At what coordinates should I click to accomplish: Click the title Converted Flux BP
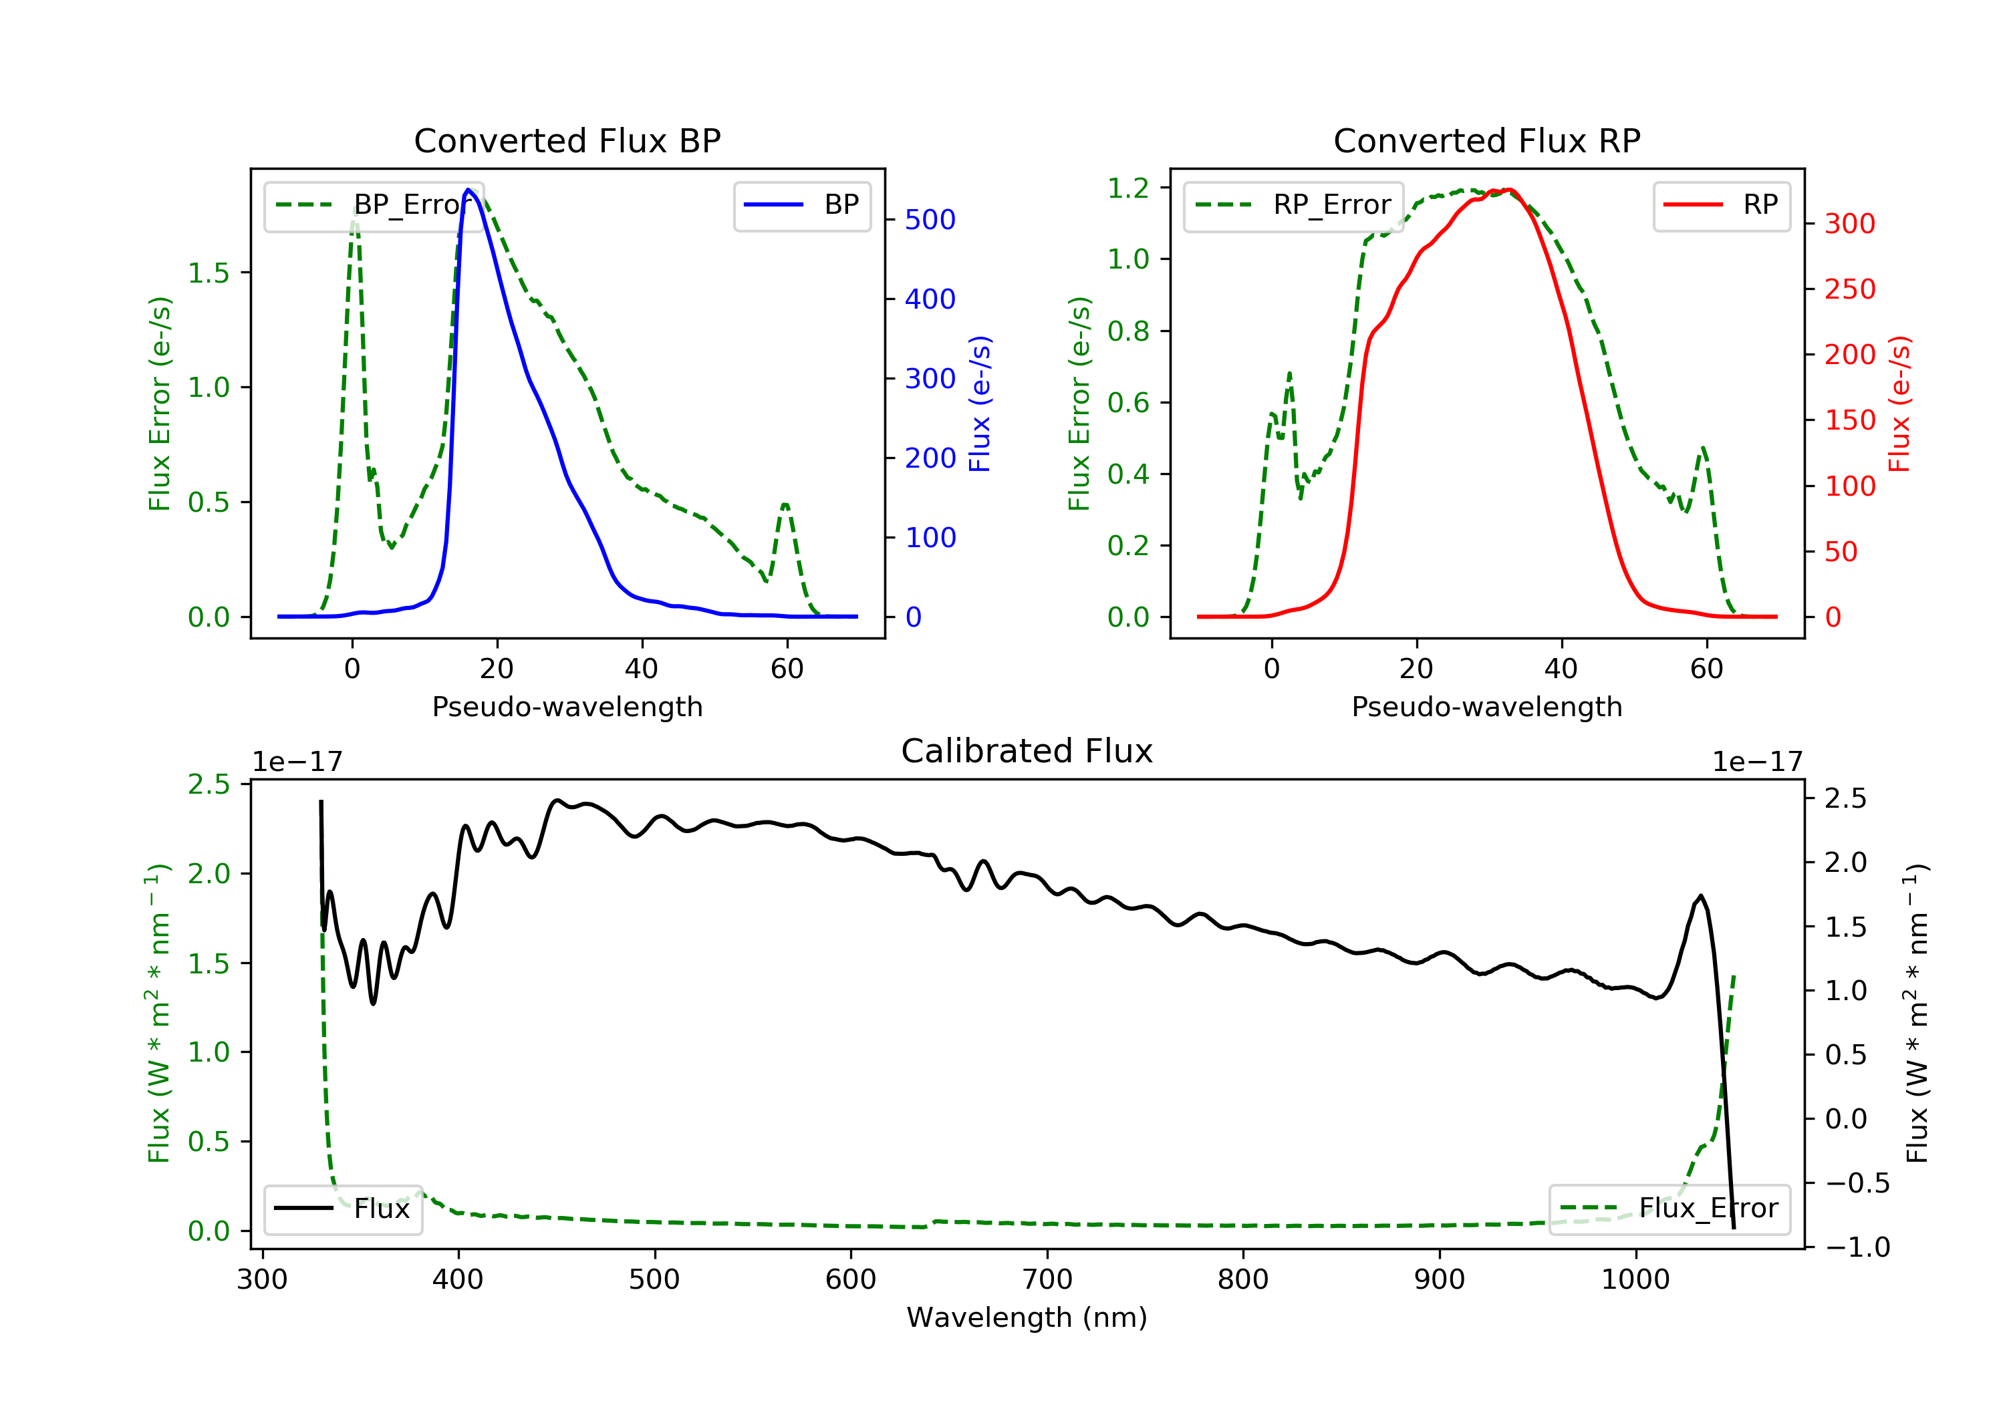(x=567, y=140)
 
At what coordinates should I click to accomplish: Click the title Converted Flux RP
(x=1486, y=140)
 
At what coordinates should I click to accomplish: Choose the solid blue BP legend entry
(x=801, y=205)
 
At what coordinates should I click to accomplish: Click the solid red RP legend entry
(x=1720, y=205)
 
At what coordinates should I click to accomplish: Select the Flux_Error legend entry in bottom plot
(x=1669, y=1209)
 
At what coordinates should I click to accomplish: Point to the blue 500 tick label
(x=930, y=220)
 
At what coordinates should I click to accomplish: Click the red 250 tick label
(x=1849, y=289)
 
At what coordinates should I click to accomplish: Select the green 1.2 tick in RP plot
(x=1128, y=188)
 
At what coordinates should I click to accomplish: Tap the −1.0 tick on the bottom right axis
(x=1857, y=1247)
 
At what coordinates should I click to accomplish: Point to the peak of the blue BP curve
(x=468, y=190)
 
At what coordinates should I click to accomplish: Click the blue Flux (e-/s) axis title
(x=980, y=404)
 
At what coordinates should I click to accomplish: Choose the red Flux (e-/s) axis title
(x=1899, y=404)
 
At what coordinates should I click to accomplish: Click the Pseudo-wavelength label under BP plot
(x=567, y=706)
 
